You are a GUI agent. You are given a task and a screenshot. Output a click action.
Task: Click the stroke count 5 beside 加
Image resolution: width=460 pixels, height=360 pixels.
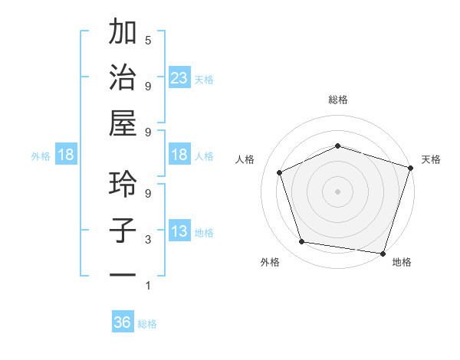point(148,40)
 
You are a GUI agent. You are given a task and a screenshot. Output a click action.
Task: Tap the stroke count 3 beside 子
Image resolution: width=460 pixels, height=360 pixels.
point(148,240)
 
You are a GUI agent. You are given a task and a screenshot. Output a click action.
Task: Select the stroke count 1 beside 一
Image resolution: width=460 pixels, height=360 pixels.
point(148,286)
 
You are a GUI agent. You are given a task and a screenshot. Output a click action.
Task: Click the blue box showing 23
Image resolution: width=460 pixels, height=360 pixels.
point(179,78)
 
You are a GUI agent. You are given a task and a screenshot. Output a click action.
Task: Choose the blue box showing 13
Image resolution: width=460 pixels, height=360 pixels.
point(179,231)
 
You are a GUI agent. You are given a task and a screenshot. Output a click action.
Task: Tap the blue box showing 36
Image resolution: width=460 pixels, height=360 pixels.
point(123,322)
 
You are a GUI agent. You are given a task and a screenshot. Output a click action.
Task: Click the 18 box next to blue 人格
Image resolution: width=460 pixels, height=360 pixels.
point(179,155)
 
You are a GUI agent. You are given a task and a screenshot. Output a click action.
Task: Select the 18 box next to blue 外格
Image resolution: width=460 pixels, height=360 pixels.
point(66,155)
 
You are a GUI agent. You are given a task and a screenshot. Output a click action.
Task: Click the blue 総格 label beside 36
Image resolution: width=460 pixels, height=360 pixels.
point(147,324)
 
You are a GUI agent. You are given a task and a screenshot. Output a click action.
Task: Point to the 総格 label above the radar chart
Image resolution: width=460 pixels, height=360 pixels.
point(337,100)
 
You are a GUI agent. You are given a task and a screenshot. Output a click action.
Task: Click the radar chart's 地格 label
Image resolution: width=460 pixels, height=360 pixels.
point(402,262)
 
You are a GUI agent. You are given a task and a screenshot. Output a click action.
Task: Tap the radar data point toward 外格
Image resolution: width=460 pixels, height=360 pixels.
point(302,242)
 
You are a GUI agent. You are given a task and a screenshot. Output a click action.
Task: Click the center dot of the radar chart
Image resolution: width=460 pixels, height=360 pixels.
point(337,191)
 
